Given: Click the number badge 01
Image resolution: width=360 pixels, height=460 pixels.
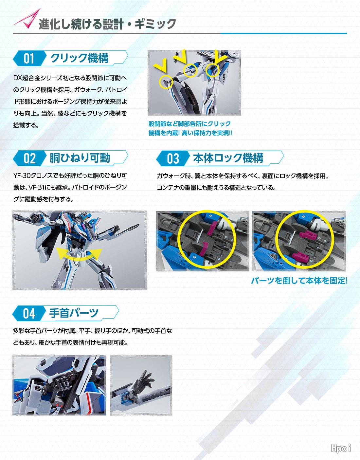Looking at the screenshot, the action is point(29,59).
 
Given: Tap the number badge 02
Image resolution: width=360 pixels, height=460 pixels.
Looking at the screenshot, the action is point(29,158).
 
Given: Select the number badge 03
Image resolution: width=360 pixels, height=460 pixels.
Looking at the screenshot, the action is point(173,158).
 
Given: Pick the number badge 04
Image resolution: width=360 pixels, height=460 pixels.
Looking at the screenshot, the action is point(29,314).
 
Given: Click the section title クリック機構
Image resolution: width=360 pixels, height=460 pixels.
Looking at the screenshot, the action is point(79,58).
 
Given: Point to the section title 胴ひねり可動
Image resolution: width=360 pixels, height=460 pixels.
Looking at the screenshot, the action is point(80,158).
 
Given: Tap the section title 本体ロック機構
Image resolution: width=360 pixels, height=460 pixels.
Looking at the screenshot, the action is point(228,158).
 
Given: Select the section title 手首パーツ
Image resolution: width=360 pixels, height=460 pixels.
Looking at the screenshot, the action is point(74,313).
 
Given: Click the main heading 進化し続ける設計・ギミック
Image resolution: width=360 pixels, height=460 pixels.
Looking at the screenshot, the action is point(107,24).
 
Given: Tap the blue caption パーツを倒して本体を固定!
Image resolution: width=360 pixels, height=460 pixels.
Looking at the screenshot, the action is point(299,281).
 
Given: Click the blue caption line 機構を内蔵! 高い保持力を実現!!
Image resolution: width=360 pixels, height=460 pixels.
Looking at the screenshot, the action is point(190,133).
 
